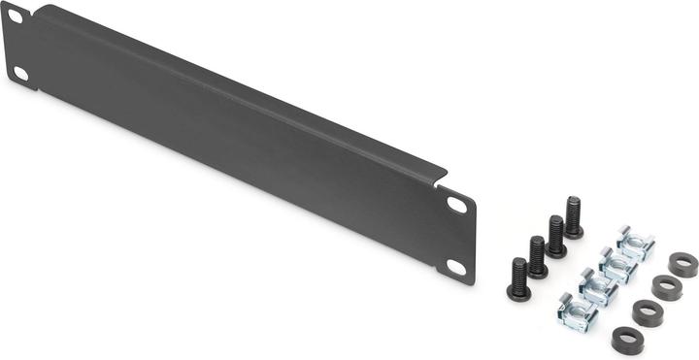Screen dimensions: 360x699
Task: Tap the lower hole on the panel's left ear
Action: [20, 73]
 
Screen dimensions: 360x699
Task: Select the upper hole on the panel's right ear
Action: [456, 205]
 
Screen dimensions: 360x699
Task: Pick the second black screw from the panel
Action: [538, 257]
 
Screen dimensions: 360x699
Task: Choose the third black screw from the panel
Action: [556, 237]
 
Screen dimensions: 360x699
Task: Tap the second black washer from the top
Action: [664, 287]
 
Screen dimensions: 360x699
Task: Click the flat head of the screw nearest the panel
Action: [519, 292]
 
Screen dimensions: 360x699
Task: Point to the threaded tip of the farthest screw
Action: [573, 205]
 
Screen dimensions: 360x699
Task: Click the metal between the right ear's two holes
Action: [456, 236]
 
